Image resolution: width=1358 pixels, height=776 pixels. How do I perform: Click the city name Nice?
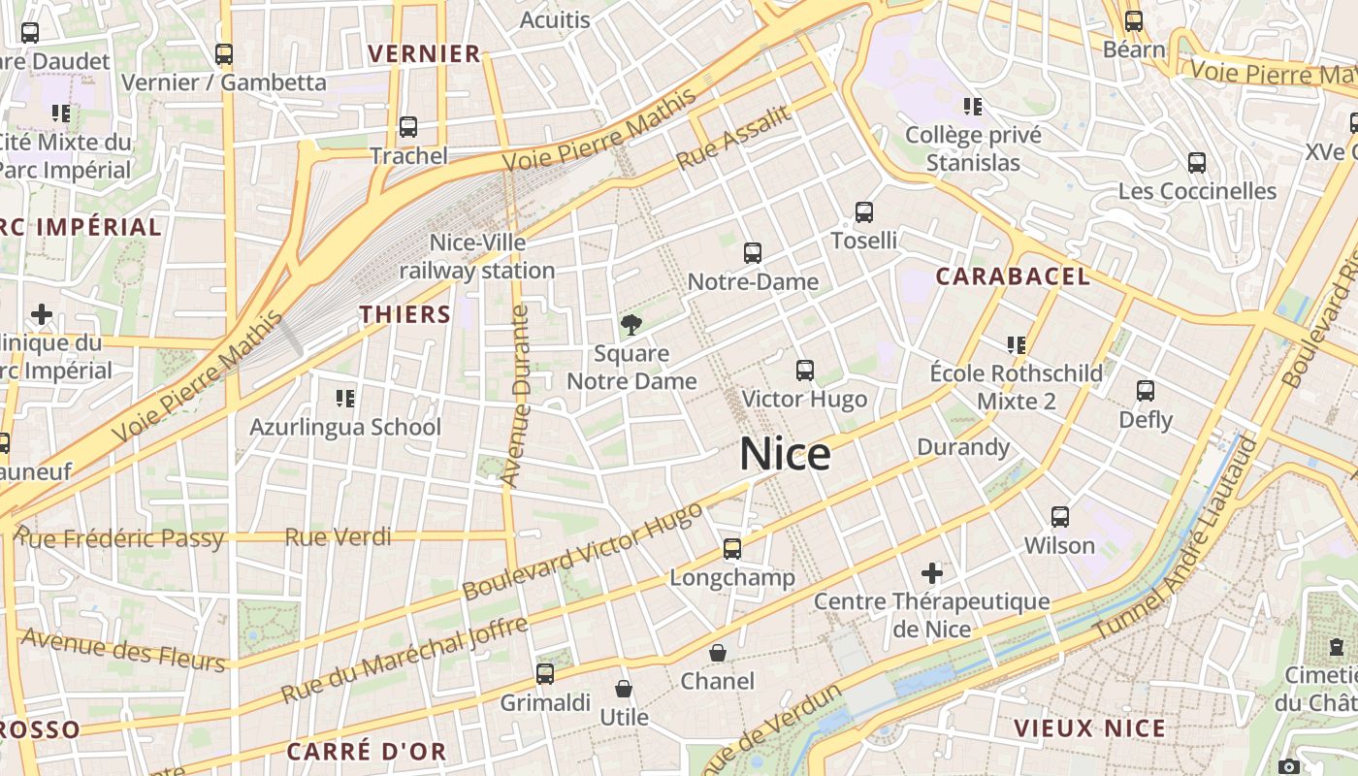[785, 454]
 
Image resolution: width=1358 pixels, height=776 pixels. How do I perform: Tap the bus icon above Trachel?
[408, 127]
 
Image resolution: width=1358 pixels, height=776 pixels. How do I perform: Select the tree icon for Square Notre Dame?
[631, 324]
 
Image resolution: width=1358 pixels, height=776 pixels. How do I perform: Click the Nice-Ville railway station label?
[477, 256]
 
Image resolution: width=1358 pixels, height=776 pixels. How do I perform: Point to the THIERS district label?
[405, 314]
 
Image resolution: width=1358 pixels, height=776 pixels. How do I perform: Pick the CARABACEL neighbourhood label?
[1013, 276]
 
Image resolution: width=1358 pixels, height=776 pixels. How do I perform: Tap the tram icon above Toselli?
[863, 212]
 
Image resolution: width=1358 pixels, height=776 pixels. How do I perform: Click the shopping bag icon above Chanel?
[718, 653]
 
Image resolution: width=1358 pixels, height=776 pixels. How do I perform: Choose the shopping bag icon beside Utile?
[624, 690]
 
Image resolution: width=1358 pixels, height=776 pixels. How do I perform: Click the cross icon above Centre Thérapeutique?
[932, 572]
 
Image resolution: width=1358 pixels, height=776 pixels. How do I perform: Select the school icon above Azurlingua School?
[344, 398]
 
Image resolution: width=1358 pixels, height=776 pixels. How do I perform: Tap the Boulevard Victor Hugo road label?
[582, 551]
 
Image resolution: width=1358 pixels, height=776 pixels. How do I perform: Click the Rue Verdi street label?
[339, 536]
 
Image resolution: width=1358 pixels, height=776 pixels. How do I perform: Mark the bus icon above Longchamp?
[732, 549]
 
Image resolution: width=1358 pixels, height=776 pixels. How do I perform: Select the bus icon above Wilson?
[1060, 517]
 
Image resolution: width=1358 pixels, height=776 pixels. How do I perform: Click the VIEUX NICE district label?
[1089, 727]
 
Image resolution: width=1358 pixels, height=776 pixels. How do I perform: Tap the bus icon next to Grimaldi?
[545, 673]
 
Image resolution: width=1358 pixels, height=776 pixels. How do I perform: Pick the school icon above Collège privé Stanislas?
[973, 107]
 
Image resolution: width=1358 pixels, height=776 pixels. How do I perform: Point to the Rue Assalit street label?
[733, 137]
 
